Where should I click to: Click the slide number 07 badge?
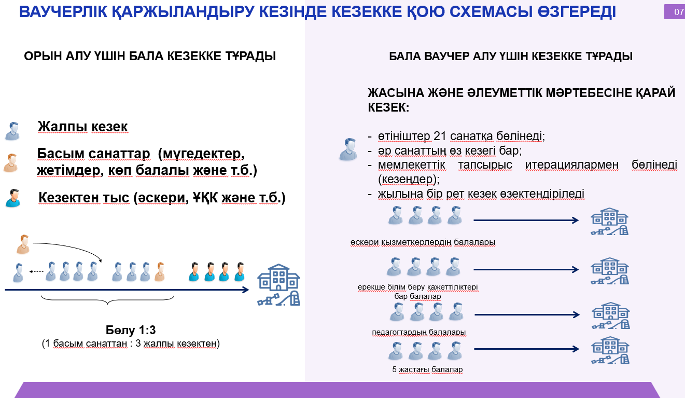(x=675, y=12)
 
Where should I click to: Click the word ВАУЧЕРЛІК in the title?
(x=63, y=12)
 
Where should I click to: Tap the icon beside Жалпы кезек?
(x=12, y=131)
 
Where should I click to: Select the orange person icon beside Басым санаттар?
(x=11, y=163)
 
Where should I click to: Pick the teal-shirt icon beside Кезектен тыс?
(x=13, y=198)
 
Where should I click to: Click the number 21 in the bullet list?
(x=440, y=136)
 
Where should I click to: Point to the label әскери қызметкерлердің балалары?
(x=423, y=242)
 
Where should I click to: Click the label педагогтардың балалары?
(x=419, y=332)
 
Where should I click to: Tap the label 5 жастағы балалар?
(x=427, y=369)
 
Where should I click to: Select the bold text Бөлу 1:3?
(x=131, y=330)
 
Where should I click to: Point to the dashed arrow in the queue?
(x=36, y=271)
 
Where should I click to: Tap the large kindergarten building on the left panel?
(x=278, y=284)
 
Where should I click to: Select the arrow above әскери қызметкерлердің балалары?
(x=526, y=220)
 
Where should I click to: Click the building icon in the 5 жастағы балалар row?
(x=610, y=350)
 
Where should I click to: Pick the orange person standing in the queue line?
(x=160, y=272)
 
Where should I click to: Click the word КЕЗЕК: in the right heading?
(x=388, y=107)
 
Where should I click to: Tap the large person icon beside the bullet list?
(x=348, y=149)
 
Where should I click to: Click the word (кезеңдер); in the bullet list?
(x=409, y=179)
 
